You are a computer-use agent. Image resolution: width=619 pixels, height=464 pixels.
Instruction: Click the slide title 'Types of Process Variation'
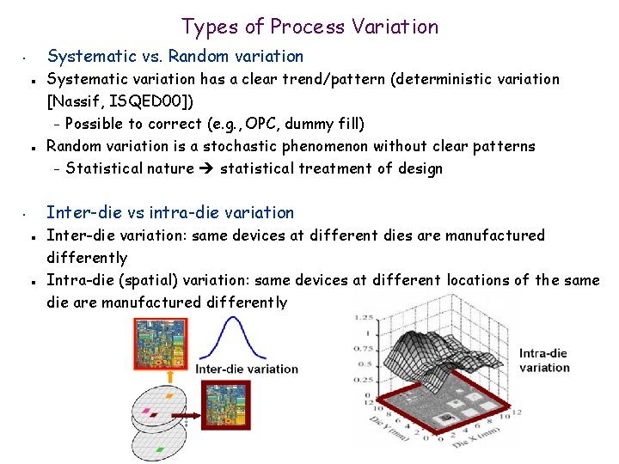pos(309,27)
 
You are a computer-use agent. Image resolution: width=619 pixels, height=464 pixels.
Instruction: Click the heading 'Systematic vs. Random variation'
pos(175,57)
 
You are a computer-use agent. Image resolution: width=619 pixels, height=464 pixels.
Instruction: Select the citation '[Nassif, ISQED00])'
pos(120,101)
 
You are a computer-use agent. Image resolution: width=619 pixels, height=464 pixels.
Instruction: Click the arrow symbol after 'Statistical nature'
pos(206,168)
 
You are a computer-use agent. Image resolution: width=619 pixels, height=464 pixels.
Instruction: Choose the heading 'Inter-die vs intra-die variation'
pos(169,212)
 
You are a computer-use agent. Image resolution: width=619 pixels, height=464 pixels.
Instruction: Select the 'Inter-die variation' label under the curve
pos(247,369)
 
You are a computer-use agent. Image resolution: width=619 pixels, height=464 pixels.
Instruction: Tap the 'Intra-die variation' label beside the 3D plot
pos(544,360)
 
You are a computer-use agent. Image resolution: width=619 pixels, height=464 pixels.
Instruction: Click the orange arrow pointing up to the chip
pos(171,375)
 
